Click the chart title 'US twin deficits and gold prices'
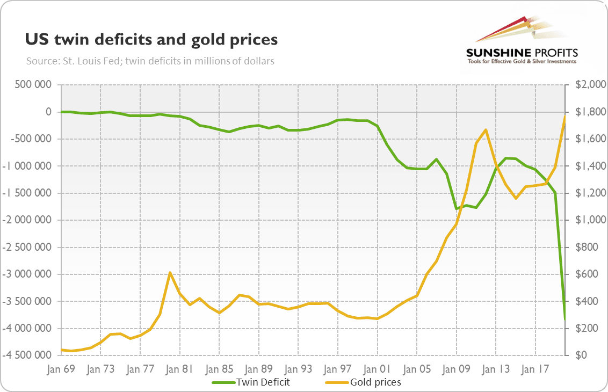pyautogui.click(x=151, y=40)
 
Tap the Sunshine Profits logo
pyautogui.click(x=522, y=41)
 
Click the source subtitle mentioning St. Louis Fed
pyautogui.click(x=150, y=61)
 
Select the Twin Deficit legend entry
pyautogui.click(x=251, y=382)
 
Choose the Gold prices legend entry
pyautogui.click(x=363, y=382)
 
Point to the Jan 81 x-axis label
pyautogui.click(x=179, y=369)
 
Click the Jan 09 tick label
pyautogui.click(x=456, y=369)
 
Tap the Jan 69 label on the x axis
pyautogui.click(x=61, y=369)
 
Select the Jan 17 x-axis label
pyautogui.click(x=535, y=369)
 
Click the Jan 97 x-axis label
pyautogui.click(x=337, y=369)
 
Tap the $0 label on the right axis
pyautogui.click(x=581, y=355)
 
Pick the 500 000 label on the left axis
pyautogui.click(x=33, y=84)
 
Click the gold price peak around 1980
pyautogui.click(x=170, y=273)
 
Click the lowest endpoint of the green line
pyautogui.click(x=564, y=320)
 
